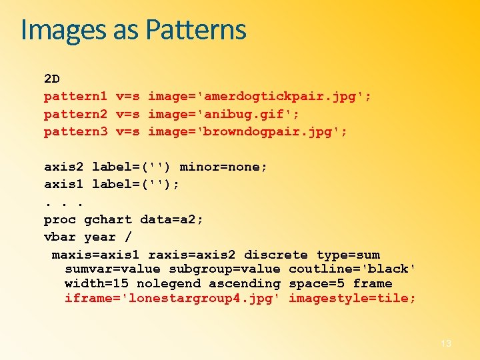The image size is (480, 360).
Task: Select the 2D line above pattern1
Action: click(52, 79)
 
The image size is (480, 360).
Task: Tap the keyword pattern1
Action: click(75, 97)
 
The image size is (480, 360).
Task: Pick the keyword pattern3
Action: click(75, 131)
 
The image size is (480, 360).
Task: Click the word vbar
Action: click(60, 237)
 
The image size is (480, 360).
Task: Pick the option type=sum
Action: click(348, 255)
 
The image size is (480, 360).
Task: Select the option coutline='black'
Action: click(353, 269)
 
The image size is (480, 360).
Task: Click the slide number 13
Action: click(446, 343)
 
